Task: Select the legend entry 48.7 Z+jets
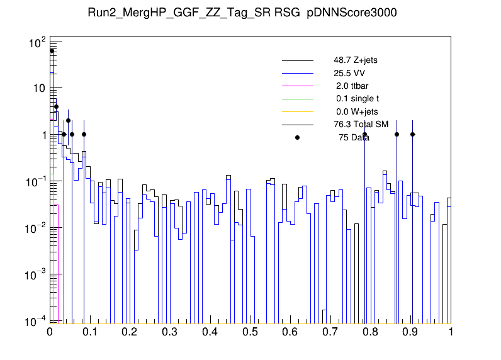click(356, 60)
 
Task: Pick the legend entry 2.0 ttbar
click(351, 86)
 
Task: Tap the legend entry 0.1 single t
click(357, 99)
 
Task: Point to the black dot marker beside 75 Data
click(298, 137)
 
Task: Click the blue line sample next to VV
click(297, 73)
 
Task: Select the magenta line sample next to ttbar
click(297, 86)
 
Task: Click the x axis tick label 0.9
click(411, 332)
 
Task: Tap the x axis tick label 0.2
click(130, 332)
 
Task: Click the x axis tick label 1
click(451, 332)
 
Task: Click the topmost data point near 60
click(52, 50)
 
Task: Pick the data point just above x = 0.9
click(413, 134)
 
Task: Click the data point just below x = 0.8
click(364, 134)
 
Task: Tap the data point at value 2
click(68, 120)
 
